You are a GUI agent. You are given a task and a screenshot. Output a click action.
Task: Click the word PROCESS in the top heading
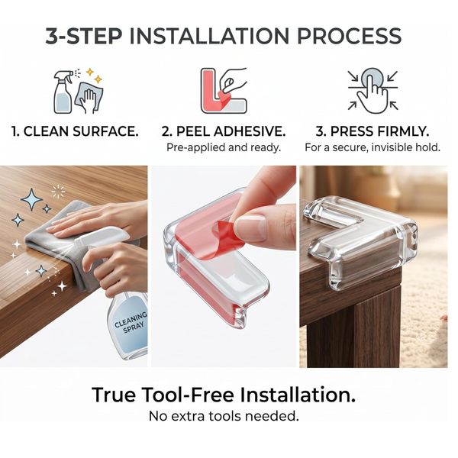point(350,36)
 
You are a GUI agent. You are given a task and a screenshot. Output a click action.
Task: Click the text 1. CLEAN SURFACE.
point(75,131)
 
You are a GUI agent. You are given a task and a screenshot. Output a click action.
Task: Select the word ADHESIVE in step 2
point(250,131)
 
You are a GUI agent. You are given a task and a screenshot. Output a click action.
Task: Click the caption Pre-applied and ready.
point(224,147)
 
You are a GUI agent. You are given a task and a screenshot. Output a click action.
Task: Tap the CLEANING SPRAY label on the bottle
point(131,321)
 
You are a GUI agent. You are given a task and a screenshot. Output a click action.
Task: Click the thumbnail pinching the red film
point(251,228)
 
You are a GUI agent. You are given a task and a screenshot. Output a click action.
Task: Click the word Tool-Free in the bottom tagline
point(189,395)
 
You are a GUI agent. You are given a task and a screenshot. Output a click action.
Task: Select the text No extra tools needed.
point(224,416)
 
